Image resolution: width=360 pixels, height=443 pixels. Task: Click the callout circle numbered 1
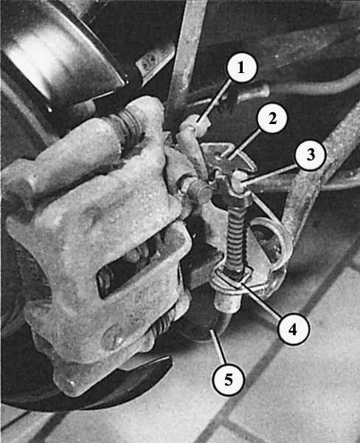coord(242,67)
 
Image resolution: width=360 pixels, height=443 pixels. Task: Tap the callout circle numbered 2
coord(272,118)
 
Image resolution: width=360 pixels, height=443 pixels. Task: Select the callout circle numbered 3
coord(310,155)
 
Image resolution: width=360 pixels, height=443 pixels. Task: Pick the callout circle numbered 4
coord(293,329)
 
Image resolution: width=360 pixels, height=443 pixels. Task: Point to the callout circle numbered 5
coord(228,380)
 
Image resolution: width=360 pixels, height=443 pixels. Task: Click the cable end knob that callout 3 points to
coord(239,181)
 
